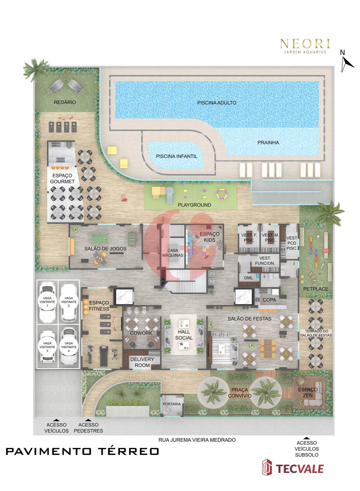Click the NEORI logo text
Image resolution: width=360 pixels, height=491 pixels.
[x=305, y=44]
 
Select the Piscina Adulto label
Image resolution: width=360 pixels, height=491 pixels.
[x=217, y=103]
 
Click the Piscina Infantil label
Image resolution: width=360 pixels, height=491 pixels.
[x=176, y=156]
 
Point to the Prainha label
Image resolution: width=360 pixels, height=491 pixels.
[x=268, y=143]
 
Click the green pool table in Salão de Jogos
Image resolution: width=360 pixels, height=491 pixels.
[x=100, y=237]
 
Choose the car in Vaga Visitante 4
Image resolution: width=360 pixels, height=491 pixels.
[x=69, y=347]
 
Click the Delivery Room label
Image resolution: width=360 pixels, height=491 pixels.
[x=142, y=362]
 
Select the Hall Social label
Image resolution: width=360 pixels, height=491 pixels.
[x=184, y=335]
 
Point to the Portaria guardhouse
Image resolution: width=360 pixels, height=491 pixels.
[x=172, y=405]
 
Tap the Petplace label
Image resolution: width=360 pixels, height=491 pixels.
[x=315, y=289]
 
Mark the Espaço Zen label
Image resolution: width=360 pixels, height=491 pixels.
[x=307, y=392]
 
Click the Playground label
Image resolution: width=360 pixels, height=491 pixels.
[x=194, y=205]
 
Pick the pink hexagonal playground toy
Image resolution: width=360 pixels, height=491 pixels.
[x=222, y=194]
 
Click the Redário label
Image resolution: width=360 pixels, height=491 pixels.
[x=65, y=102]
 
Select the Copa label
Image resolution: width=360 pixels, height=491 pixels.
[x=269, y=300]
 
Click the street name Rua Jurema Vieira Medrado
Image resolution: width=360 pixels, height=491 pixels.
[x=197, y=440]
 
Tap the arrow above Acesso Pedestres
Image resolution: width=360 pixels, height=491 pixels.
[x=88, y=420]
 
